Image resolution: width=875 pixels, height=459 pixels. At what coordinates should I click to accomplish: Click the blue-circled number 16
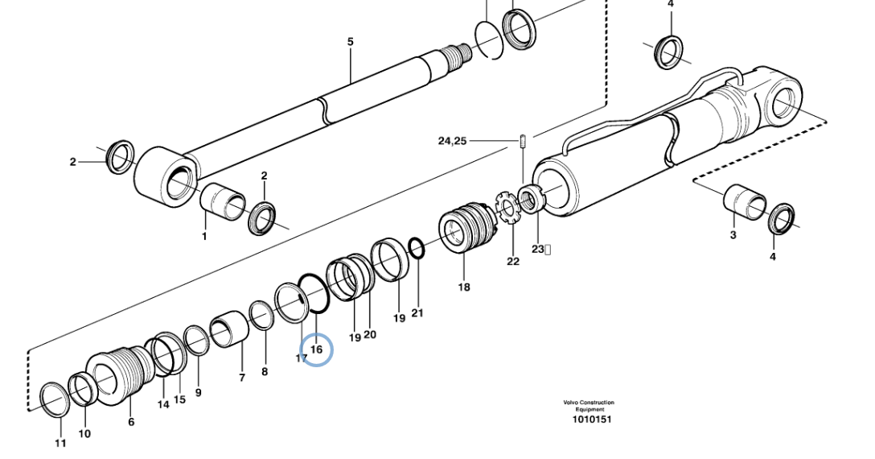point(316,349)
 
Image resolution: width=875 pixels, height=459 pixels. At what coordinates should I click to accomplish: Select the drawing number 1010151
point(592,419)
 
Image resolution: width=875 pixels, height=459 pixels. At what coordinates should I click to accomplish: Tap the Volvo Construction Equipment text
point(589,406)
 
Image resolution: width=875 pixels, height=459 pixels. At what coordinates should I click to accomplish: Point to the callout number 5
point(350,41)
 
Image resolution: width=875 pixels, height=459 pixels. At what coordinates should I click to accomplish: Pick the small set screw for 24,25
point(523,141)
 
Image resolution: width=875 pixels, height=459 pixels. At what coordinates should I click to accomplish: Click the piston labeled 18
point(464,232)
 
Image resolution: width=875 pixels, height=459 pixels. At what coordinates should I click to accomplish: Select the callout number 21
point(417,312)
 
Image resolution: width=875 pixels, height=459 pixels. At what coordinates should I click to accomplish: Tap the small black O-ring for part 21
point(416,248)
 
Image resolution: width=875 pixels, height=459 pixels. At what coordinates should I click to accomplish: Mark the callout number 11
point(61,443)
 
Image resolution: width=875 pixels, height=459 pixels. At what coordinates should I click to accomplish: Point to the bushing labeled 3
point(744,202)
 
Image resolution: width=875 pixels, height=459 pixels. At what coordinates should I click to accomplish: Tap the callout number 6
point(131,422)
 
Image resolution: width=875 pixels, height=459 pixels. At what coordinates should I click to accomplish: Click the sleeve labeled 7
point(232,331)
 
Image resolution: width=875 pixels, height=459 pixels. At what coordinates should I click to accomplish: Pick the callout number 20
point(370,335)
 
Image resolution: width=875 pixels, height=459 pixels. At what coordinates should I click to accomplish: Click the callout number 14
point(163,404)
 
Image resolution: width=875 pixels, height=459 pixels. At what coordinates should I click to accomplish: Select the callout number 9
point(198,392)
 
